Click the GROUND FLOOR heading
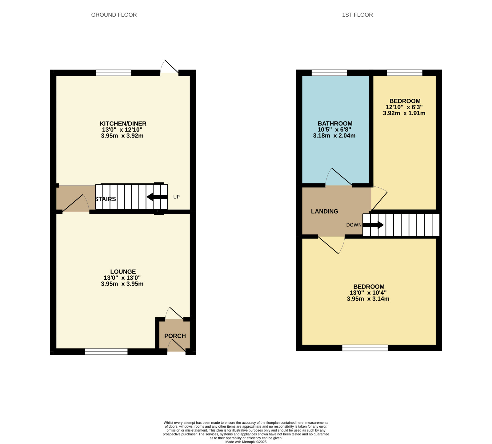pyautogui.click(x=114, y=15)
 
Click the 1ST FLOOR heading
pyautogui.click(x=357, y=15)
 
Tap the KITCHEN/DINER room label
pyautogui.click(x=123, y=124)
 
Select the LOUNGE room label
pyautogui.click(x=123, y=272)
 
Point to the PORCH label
pyautogui.click(x=175, y=336)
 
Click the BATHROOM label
pyautogui.click(x=335, y=124)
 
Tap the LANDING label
pyautogui.click(x=325, y=211)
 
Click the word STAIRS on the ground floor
pyautogui.click(x=105, y=199)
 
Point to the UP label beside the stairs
pyautogui.click(x=176, y=197)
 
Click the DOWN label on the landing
pyautogui.click(x=354, y=225)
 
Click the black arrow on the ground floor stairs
pyautogui.click(x=157, y=197)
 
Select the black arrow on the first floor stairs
pyautogui.click(x=373, y=225)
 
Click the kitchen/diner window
pyautogui.click(x=114, y=73)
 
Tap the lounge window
pyautogui.click(x=106, y=352)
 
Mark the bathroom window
pyautogui.click(x=329, y=73)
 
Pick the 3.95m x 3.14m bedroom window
pyautogui.click(x=365, y=348)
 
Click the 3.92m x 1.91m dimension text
pyautogui.click(x=404, y=113)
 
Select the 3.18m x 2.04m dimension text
pyautogui.click(x=334, y=136)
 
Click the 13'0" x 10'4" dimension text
pyautogui.click(x=368, y=293)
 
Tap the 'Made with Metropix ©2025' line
pyautogui.click(x=246, y=442)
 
